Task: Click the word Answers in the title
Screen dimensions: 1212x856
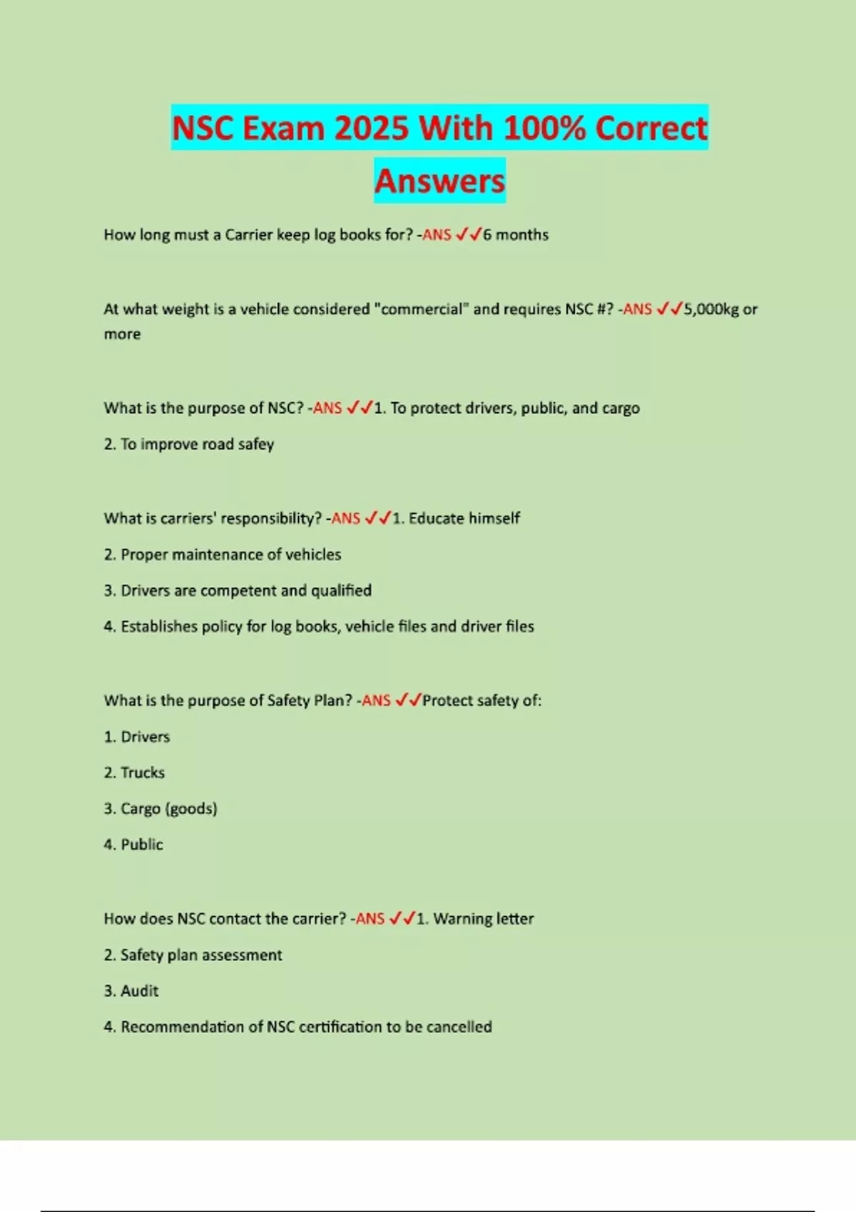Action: (439, 181)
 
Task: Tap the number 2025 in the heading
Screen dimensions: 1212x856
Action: (372, 128)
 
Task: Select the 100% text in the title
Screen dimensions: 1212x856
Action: (544, 128)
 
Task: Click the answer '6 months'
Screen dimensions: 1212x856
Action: (516, 235)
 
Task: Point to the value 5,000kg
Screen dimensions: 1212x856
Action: (711, 309)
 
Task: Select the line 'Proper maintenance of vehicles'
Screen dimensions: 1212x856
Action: (230, 555)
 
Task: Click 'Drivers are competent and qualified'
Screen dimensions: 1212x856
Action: (245, 590)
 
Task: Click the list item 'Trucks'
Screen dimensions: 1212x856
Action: (142, 773)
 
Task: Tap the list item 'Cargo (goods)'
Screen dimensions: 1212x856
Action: (168, 808)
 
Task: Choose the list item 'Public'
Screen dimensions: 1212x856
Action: (141, 845)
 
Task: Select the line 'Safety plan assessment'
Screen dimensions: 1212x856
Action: (200, 955)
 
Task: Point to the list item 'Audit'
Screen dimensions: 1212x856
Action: (139, 991)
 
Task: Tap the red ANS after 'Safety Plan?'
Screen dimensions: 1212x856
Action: (376, 701)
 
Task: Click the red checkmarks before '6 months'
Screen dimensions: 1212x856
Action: (469, 234)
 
